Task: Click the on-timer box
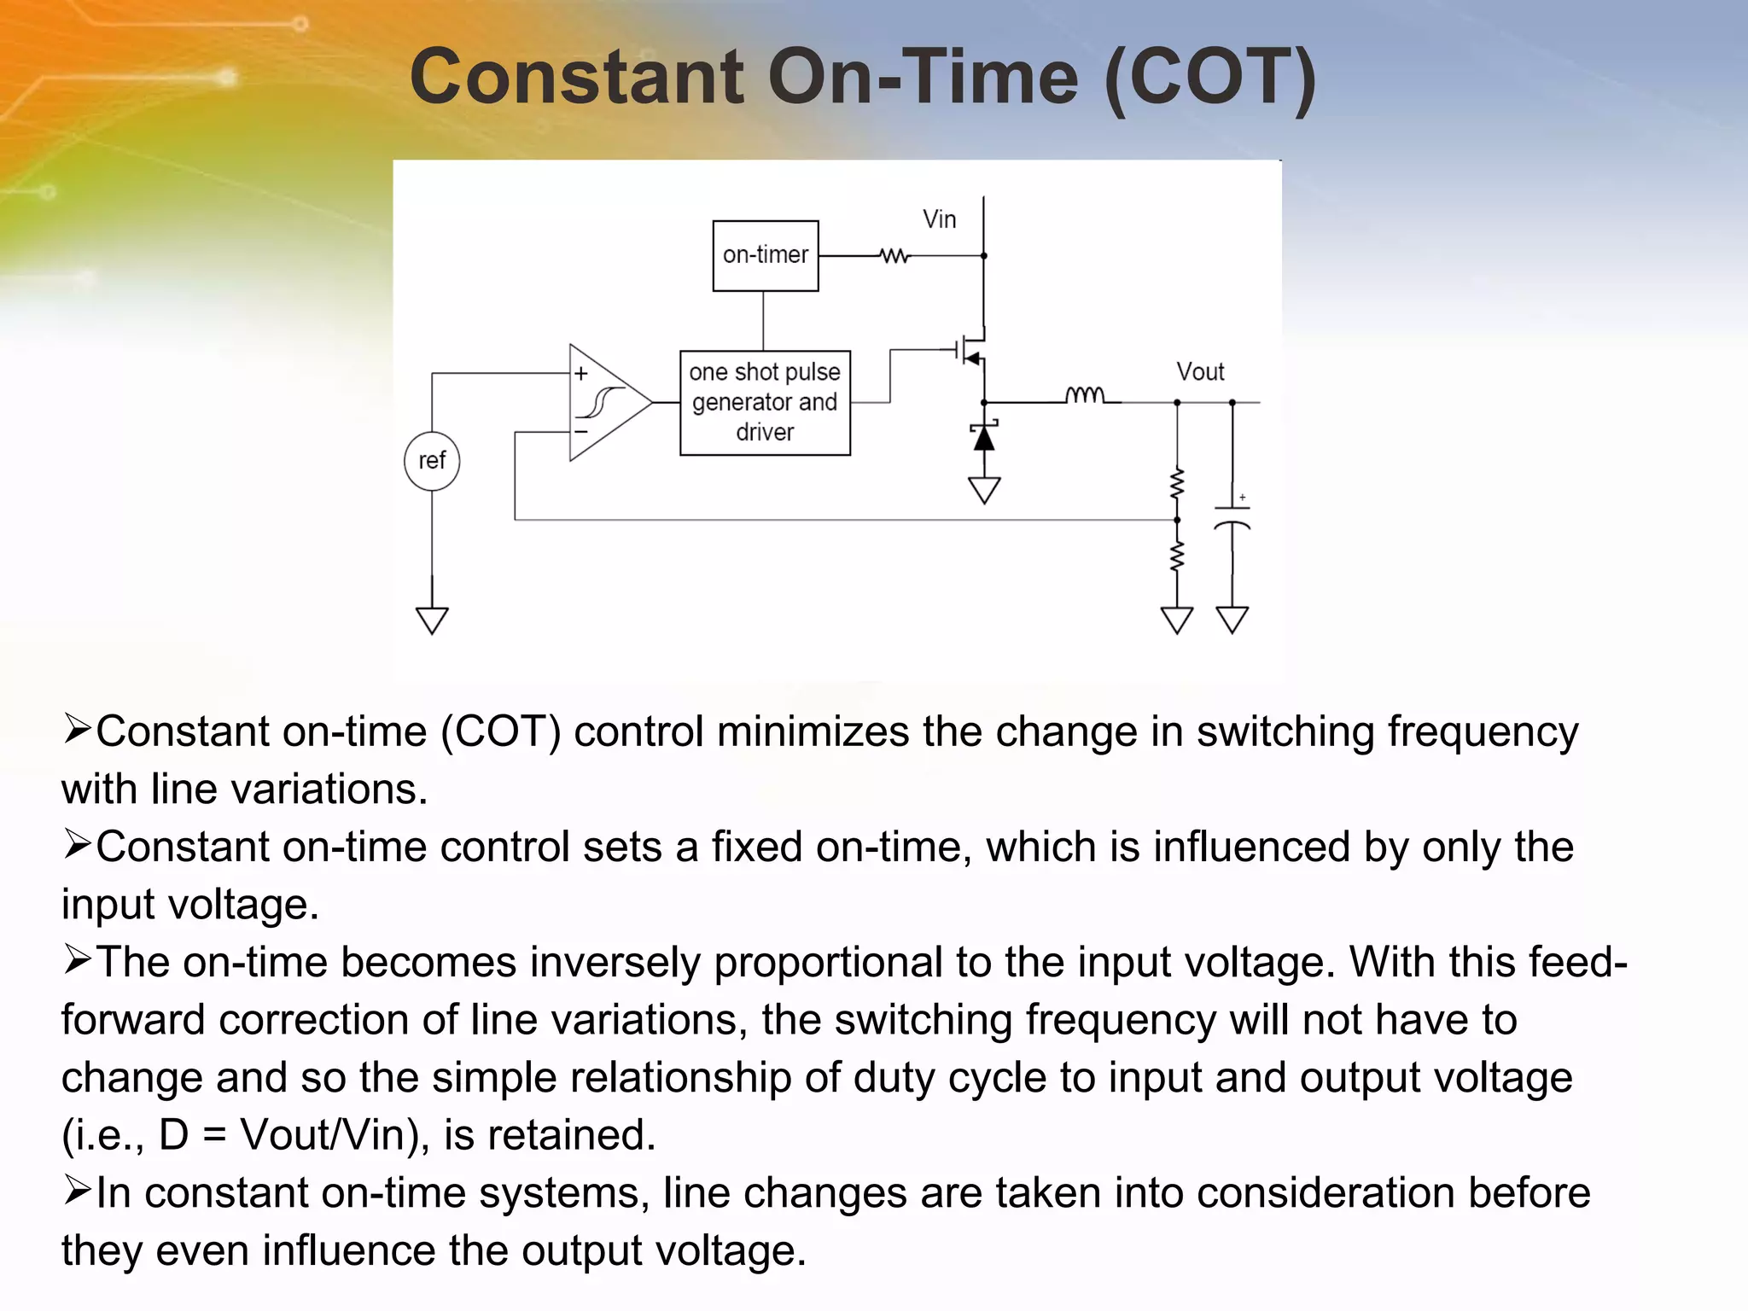tap(766, 255)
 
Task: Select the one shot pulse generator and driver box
tap(765, 402)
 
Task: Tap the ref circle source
tap(432, 461)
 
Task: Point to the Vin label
tap(939, 219)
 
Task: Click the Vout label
tap(1200, 372)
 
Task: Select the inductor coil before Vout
tap(1085, 395)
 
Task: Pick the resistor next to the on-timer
tap(894, 255)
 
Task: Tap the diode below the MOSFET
tap(984, 437)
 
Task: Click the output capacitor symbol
tap(1232, 517)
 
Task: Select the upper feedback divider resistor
tap(1177, 485)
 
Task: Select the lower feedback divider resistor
tap(1177, 556)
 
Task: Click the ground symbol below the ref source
tap(432, 620)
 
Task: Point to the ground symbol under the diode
tap(984, 491)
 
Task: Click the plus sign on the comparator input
tap(581, 374)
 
